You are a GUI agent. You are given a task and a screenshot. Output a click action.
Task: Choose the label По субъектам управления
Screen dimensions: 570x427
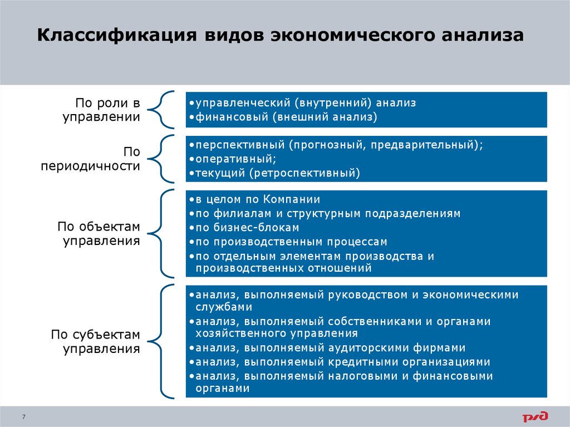[95, 342]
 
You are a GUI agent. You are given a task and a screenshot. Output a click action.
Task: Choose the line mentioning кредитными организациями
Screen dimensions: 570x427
[340, 362]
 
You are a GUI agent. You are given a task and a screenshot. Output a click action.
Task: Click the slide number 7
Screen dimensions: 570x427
[24, 417]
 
